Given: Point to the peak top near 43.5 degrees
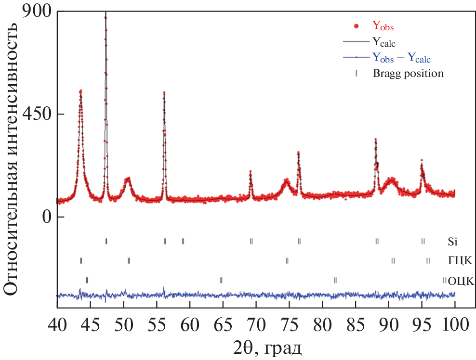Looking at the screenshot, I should pos(80,91).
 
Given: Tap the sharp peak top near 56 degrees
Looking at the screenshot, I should pos(164,93).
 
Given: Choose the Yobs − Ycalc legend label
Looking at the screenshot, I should pos(401,58).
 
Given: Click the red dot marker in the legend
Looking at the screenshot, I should pos(356,25).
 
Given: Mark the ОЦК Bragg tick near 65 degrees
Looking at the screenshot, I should pos(221,280).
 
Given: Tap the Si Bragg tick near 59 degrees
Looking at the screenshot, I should pos(183,241).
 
